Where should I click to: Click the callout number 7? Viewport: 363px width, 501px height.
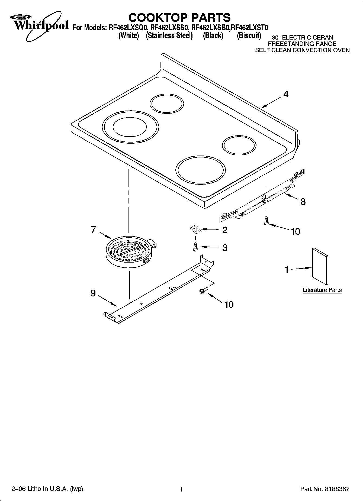click(94, 230)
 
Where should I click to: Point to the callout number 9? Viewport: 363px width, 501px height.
click(93, 293)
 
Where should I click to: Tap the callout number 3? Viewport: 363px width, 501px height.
click(225, 247)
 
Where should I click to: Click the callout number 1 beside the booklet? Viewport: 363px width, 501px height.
click(287, 270)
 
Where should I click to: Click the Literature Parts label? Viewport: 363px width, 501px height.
click(322, 290)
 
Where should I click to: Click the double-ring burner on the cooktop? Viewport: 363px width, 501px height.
click(131, 127)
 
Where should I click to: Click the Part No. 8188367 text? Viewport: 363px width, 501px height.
click(325, 489)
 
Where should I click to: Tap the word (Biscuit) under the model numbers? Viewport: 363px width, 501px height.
click(249, 35)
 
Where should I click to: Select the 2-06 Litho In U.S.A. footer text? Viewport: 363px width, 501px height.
click(47, 489)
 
